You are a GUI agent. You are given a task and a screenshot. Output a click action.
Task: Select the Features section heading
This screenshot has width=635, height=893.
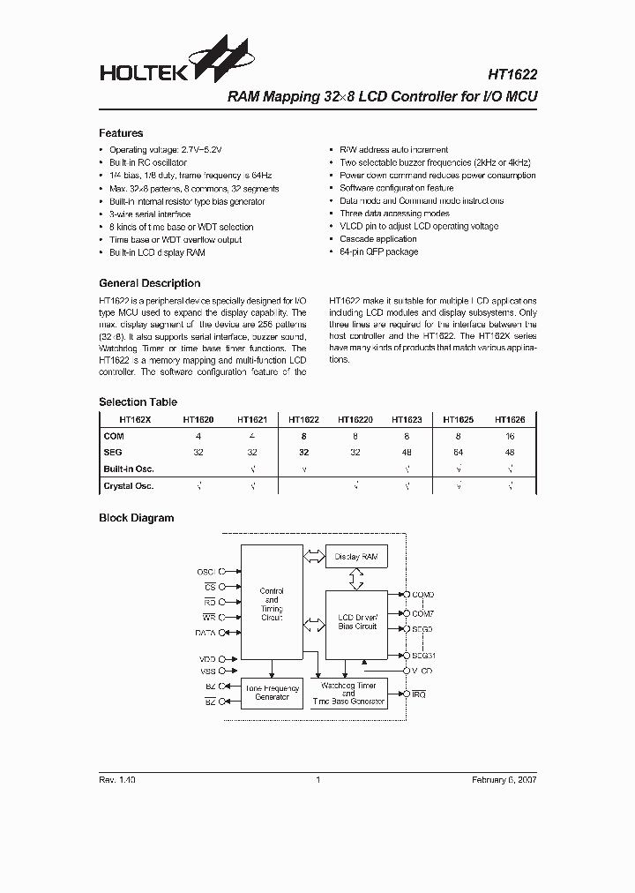[x=121, y=133]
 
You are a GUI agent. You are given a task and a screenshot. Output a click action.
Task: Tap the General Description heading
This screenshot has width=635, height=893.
[x=149, y=283]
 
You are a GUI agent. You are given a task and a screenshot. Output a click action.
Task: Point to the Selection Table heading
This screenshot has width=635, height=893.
[x=132, y=401]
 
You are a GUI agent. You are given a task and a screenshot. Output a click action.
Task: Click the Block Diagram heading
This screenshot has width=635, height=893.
[x=136, y=518]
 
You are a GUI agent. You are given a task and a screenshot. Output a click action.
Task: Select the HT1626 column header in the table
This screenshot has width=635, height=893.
[x=510, y=421]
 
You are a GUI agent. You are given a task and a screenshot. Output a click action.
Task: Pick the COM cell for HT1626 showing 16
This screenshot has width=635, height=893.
[x=510, y=436]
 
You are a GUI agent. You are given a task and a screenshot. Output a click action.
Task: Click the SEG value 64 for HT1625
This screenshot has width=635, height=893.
[x=458, y=451]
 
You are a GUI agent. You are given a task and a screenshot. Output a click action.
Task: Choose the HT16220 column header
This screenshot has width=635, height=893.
[x=355, y=421]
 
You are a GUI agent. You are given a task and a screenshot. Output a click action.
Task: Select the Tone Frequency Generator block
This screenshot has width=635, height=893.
[x=272, y=693]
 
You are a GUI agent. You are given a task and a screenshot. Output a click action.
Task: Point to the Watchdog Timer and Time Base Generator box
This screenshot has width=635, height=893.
[x=348, y=693]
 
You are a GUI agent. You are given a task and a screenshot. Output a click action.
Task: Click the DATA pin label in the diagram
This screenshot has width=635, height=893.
[x=205, y=633]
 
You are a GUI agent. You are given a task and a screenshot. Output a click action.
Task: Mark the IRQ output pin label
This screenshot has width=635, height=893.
[x=419, y=695]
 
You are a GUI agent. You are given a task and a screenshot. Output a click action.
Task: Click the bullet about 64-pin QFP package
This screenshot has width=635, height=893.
[x=379, y=252]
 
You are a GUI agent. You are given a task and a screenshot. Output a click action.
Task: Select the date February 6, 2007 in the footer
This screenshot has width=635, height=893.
[x=504, y=780]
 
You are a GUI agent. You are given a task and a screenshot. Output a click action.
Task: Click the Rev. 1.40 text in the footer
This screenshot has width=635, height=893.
[x=116, y=780]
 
